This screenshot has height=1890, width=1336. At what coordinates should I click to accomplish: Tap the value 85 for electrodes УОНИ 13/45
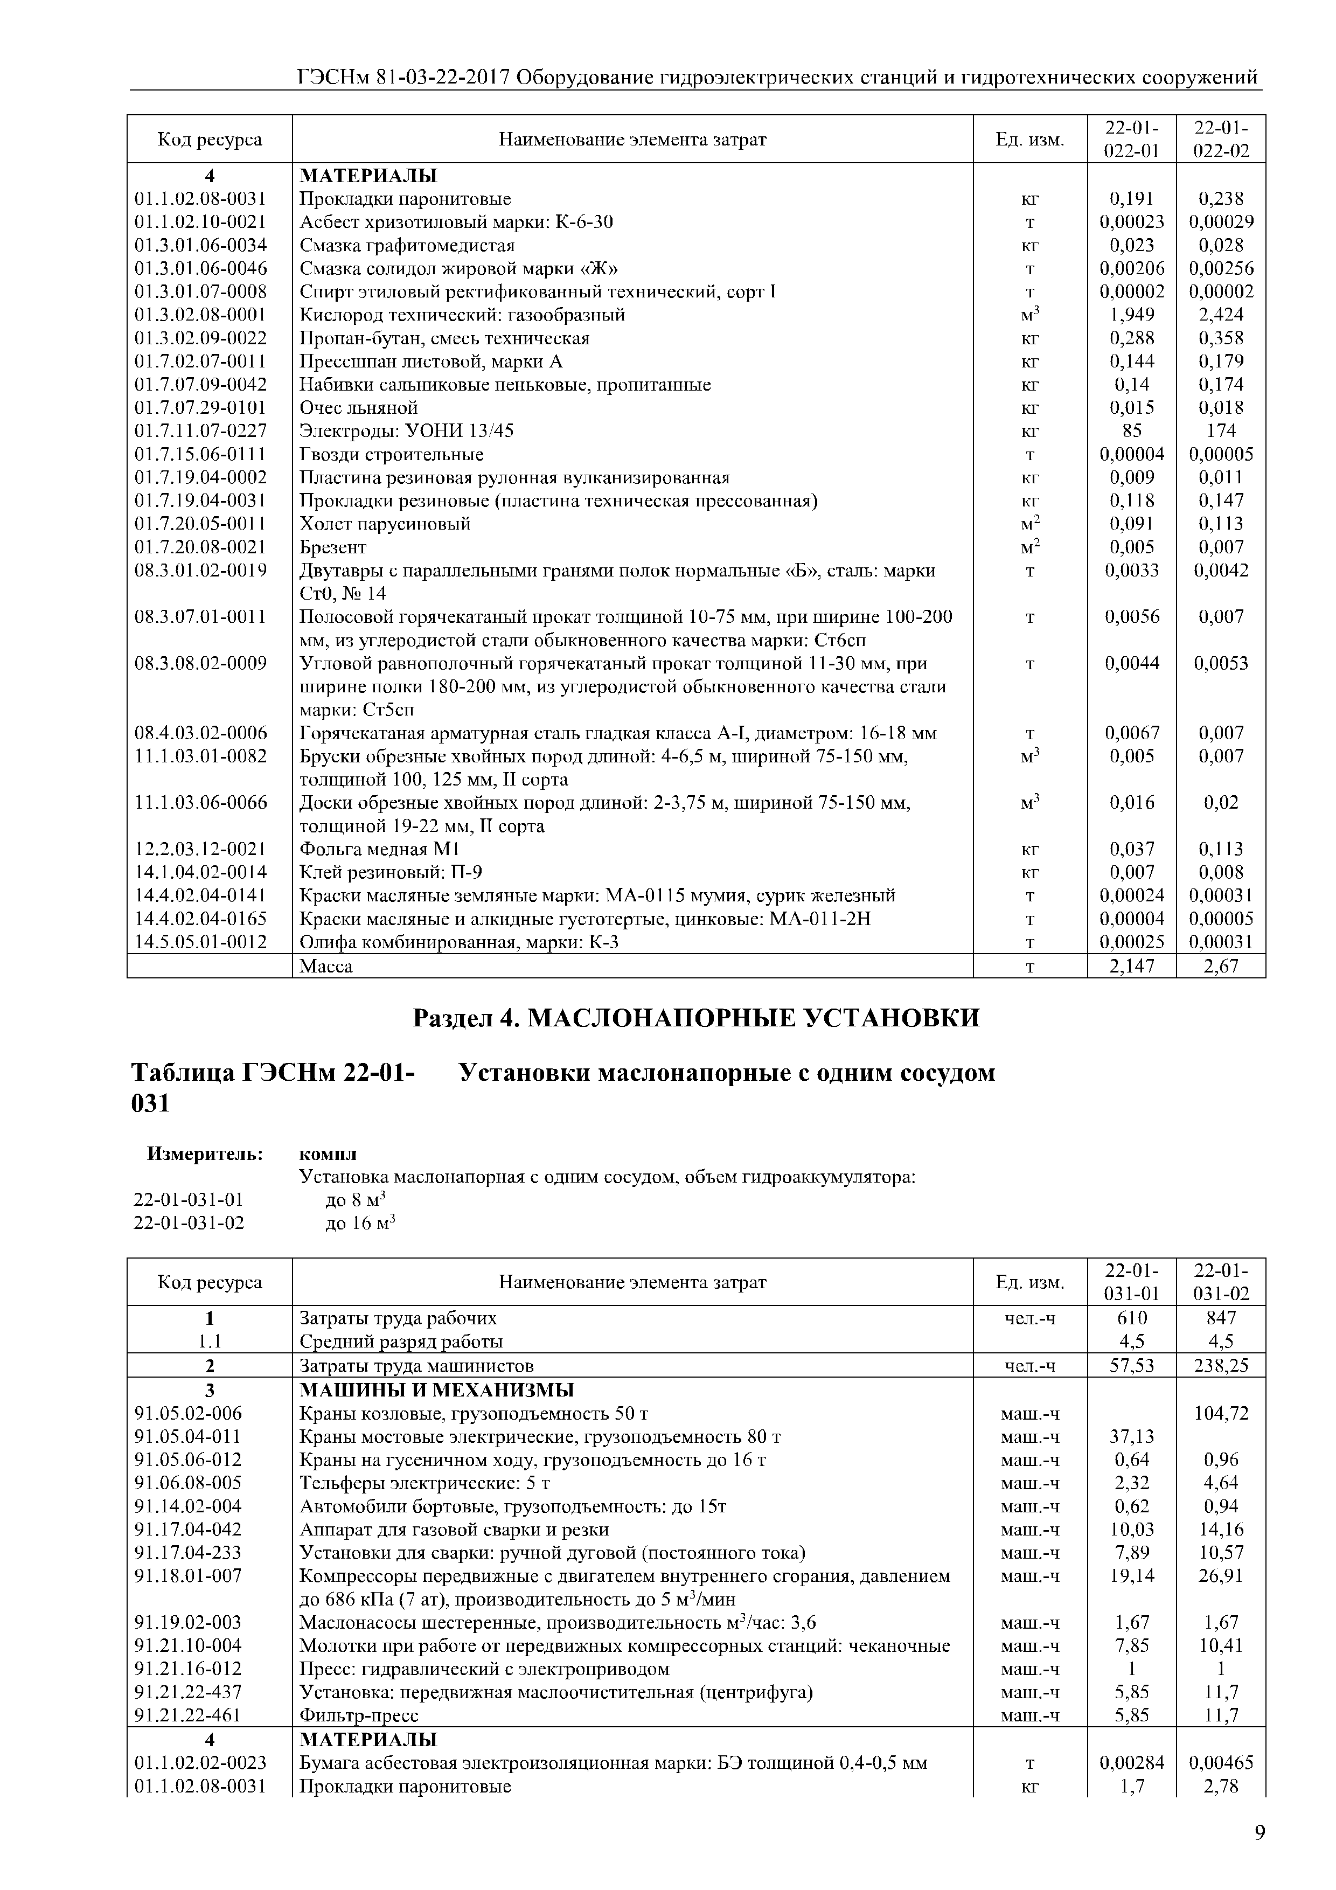1132,430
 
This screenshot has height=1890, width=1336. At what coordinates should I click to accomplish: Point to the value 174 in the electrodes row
1221,430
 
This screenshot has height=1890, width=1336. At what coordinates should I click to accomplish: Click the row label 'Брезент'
332,547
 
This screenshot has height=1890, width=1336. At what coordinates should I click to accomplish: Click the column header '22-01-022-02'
1221,139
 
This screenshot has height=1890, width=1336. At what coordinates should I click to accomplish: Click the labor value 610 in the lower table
1132,1318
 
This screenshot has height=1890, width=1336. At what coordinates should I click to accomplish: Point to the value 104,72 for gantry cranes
1221,1413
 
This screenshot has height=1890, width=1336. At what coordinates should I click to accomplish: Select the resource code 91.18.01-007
189,1575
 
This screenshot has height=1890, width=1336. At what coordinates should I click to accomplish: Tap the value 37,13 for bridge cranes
1132,1436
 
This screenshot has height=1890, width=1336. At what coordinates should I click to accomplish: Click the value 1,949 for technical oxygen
1132,315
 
